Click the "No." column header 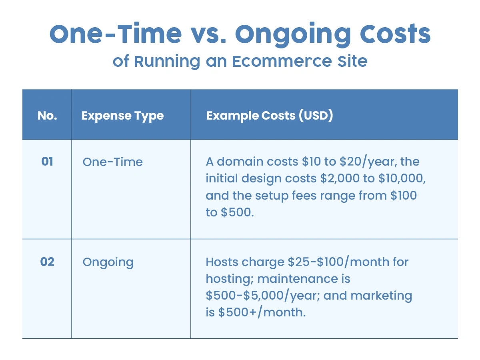(x=47, y=116)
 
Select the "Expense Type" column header (x=122, y=116)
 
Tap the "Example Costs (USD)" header (x=270, y=116)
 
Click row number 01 (x=47, y=162)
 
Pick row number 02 (x=47, y=262)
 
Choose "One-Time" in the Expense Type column (x=112, y=162)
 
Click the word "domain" (x=242, y=162)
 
